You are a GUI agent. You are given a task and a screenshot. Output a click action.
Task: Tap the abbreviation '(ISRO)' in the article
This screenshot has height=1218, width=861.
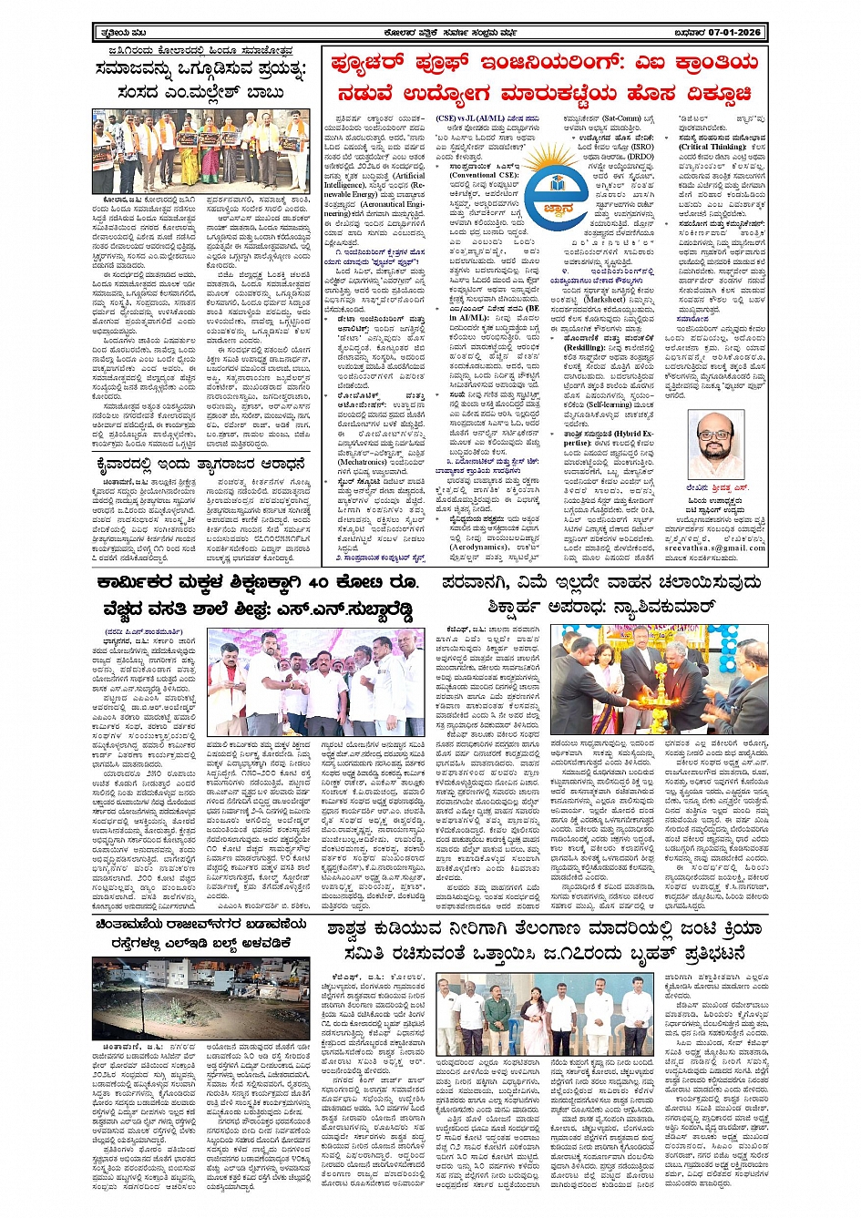point(641,146)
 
